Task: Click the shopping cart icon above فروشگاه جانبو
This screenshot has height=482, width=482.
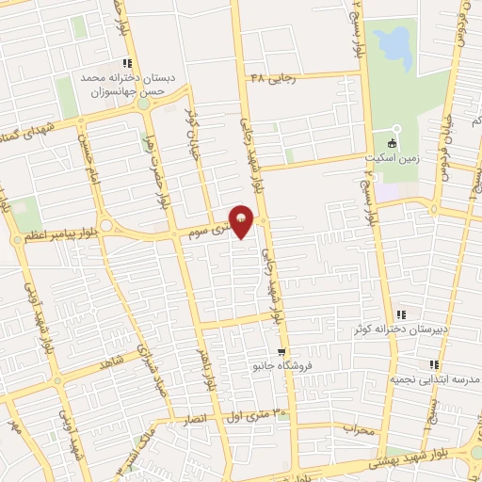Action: click(255, 352)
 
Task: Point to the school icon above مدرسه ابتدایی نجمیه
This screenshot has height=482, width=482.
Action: click(433, 364)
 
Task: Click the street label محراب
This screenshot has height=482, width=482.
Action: click(359, 430)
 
